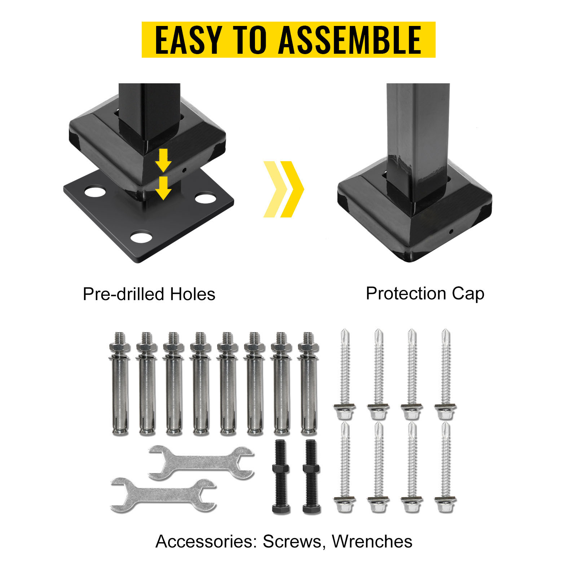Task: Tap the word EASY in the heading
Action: tap(188, 40)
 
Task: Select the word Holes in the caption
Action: tap(193, 294)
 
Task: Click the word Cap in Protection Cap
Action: tap(468, 294)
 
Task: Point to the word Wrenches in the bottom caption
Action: tap(372, 541)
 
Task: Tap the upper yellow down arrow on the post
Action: tap(163, 160)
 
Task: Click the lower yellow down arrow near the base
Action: tap(163, 188)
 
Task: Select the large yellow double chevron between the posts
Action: tap(284, 189)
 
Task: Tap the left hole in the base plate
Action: tap(95, 191)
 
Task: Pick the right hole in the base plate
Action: tap(205, 197)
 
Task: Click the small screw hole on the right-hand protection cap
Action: tap(451, 231)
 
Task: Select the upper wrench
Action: tap(201, 463)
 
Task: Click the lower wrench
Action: tap(163, 495)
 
